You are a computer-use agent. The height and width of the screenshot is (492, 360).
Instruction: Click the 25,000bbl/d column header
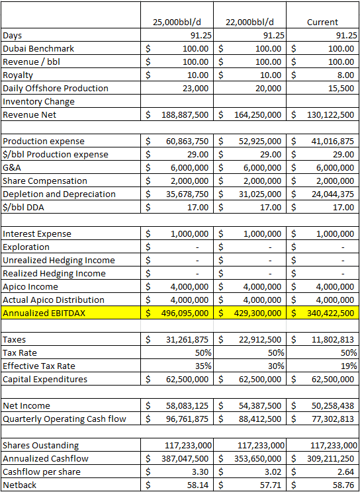pyautogui.click(x=181, y=22)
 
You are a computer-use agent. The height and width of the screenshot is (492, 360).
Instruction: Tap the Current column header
pyautogui.click(x=322, y=22)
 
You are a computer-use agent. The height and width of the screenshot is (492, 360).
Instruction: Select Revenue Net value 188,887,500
pyautogui.click(x=186, y=114)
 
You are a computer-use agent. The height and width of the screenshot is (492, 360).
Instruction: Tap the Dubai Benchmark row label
pyautogui.click(x=38, y=48)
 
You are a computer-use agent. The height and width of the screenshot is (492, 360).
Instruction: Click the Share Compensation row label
pyautogui.click(x=45, y=181)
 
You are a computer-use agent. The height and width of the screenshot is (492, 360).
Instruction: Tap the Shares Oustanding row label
pyautogui.click(x=40, y=445)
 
